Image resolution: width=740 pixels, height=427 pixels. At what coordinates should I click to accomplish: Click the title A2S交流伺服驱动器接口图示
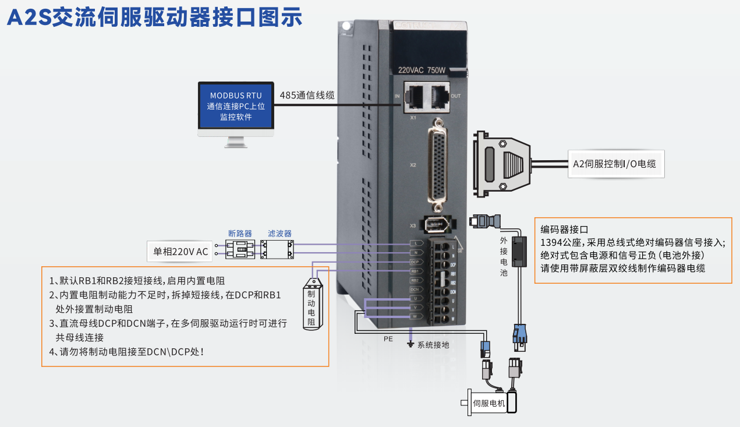(x=154, y=17)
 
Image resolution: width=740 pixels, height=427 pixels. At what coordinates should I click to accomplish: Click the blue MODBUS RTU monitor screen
(x=236, y=105)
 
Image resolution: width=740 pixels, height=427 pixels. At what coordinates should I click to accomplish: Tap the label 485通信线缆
(x=307, y=95)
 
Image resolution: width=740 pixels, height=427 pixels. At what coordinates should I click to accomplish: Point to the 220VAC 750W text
(x=422, y=70)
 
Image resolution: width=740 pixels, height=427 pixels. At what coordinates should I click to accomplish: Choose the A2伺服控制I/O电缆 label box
(x=614, y=164)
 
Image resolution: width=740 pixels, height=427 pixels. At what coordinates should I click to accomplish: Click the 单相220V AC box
(x=180, y=252)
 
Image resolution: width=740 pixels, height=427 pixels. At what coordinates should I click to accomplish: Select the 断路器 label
(x=240, y=233)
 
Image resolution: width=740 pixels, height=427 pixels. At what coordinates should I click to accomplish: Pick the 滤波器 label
(x=279, y=233)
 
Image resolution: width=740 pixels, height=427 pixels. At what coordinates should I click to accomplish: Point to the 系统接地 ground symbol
(x=411, y=344)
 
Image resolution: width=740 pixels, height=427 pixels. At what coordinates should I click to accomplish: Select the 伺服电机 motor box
(x=488, y=403)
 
